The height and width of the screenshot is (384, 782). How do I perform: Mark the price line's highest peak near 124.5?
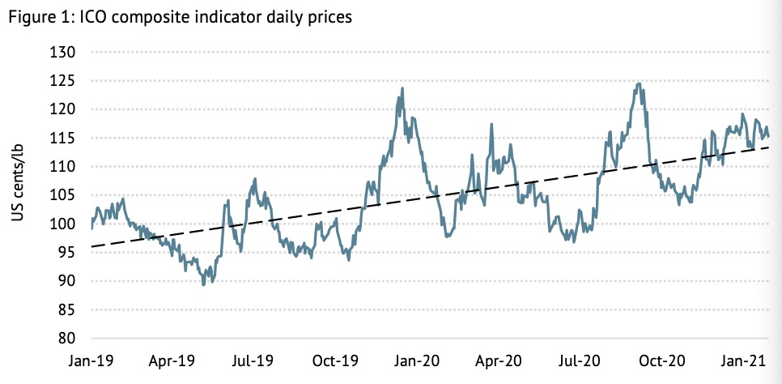point(640,83)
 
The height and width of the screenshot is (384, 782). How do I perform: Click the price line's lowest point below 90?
point(203,284)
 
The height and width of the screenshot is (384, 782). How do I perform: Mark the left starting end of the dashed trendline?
point(92,246)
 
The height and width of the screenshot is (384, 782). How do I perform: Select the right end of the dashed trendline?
point(767,147)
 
